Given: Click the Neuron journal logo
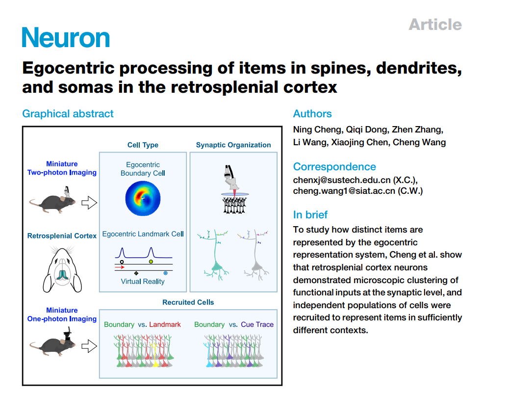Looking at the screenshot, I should click(66, 37).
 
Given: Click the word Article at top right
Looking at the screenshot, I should click(435, 24).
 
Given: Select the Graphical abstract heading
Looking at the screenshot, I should click(68, 114).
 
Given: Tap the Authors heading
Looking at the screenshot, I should click(312, 114).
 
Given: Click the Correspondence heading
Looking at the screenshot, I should click(334, 166).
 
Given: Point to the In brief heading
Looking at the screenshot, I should click(310, 214).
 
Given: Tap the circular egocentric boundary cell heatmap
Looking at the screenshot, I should click(143, 198).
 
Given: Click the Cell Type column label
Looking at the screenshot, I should click(143, 145).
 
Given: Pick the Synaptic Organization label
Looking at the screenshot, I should click(233, 145).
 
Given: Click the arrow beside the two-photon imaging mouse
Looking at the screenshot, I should click(89, 202).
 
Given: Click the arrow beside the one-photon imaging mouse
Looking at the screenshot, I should click(89, 346).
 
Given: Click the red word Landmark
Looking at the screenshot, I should click(165, 324).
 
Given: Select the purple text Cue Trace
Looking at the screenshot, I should click(257, 324).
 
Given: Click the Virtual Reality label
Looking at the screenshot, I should click(143, 282).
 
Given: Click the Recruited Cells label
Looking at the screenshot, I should click(188, 302).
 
